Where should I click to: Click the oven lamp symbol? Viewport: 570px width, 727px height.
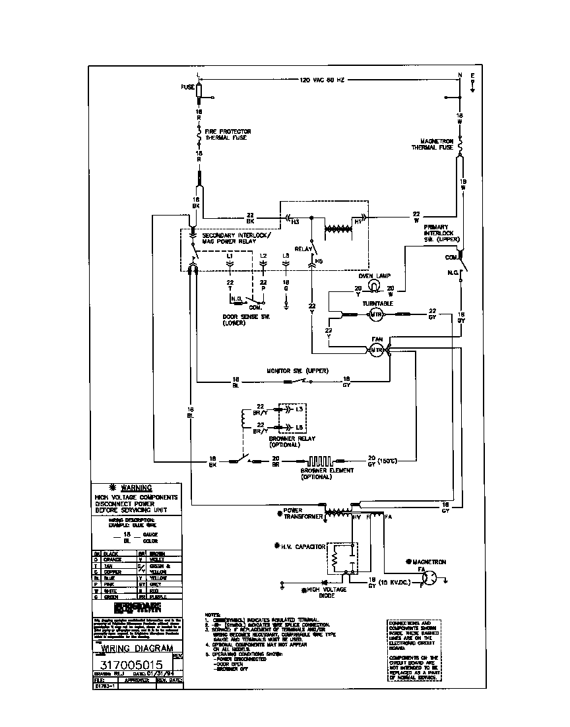(374, 285)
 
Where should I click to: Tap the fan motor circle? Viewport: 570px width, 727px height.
(376, 351)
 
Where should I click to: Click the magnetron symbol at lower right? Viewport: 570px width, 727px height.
(429, 578)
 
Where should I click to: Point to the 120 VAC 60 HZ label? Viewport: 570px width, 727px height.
(322, 80)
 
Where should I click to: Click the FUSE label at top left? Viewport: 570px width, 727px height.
(187, 86)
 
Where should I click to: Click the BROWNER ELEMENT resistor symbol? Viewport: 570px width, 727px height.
(321, 461)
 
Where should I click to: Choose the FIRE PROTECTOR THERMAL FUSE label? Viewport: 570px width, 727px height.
(228, 135)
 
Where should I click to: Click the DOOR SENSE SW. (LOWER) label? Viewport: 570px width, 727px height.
(239, 320)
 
